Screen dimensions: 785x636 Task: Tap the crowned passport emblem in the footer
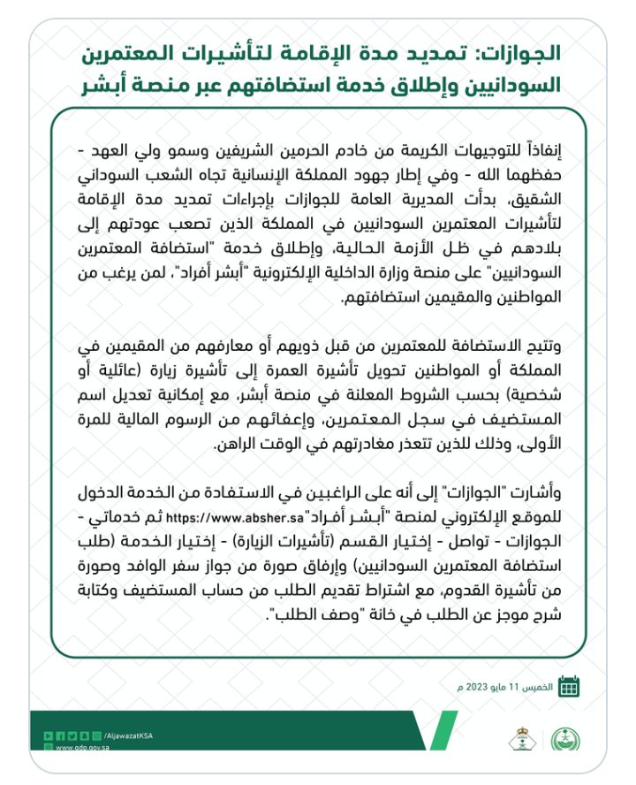pyautogui.click(x=520, y=738)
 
